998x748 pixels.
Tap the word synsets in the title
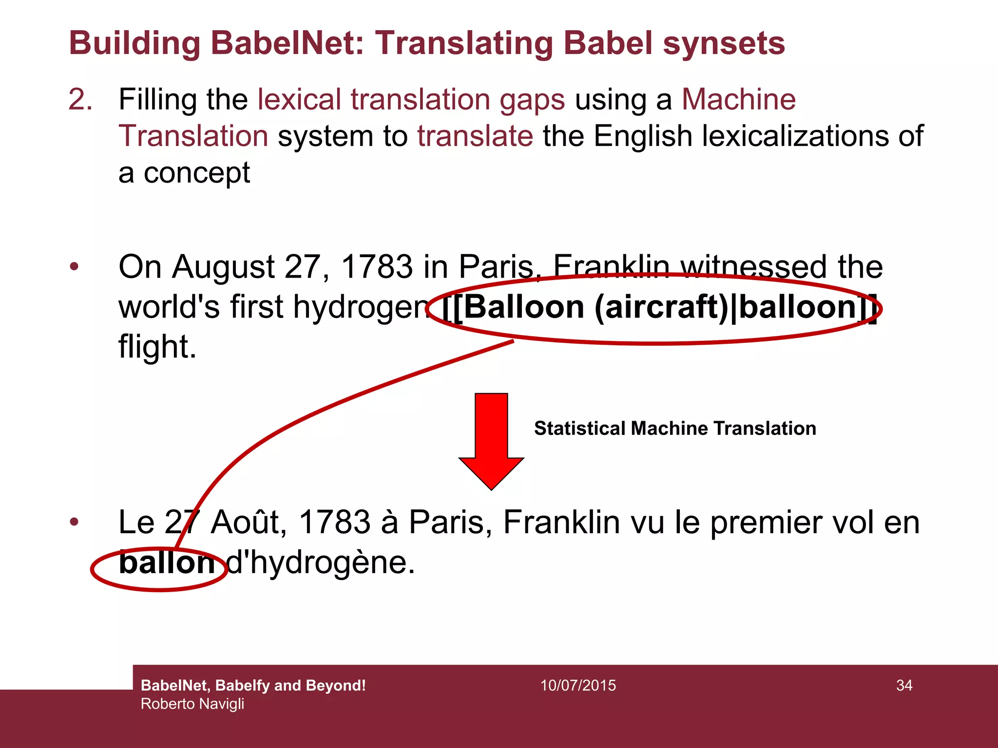[x=724, y=43]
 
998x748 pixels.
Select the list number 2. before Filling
[x=80, y=99]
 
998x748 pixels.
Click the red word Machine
[x=738, y=99]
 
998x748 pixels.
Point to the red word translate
[x=475, y=136]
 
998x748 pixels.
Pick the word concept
[x=196, y=173]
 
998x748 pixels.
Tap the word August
[x=223, y=267]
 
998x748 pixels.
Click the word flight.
[x=157, y=347]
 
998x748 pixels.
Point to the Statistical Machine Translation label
[x=675, y=429]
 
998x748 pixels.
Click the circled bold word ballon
[x=166, y=563]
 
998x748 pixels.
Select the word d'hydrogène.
[x=321, y=563]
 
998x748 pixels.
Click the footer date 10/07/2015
[x=578, y=686]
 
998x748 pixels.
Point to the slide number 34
[x=904, y=686]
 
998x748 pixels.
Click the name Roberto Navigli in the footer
[x=192, y=704]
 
